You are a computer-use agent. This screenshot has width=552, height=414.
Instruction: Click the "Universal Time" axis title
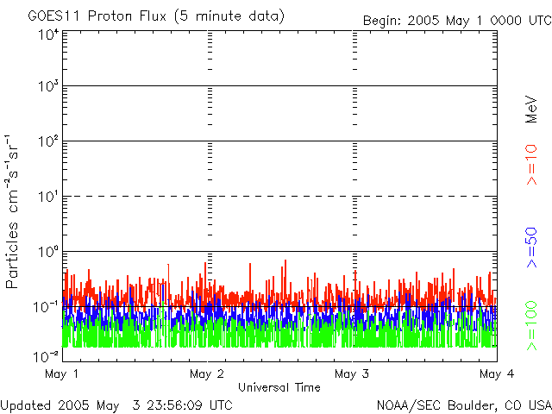point(279,387)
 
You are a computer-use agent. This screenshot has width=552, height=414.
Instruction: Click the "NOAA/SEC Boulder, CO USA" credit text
point(463,405)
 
